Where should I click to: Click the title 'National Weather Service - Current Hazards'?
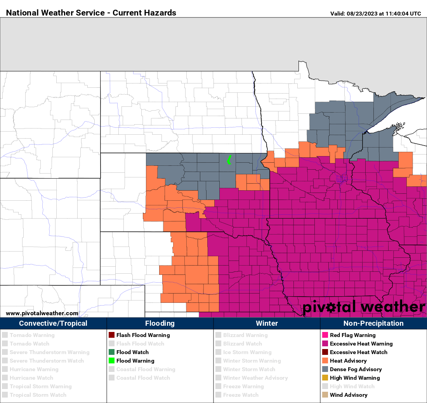[91, 13]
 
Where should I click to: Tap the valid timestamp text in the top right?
[375, 14]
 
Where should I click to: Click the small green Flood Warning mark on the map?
[229, 160]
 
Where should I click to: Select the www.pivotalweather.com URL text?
[42, 313]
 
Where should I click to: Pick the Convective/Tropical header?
[53, 323]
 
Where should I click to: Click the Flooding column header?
[160, 323]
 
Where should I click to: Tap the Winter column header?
[267, 323]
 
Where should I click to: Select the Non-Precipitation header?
[373, 323]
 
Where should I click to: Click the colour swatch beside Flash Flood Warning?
[112, 335]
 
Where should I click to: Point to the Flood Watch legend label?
[132, 352]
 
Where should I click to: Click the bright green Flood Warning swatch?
[112, 361]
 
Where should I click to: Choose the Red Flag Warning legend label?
[352, 335]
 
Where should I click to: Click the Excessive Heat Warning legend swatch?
[325, 344]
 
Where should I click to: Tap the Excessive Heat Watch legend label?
[358, 352]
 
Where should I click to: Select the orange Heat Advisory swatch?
[325, 361]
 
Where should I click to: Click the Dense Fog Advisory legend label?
[356, 369]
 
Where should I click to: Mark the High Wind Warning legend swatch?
[325, 378]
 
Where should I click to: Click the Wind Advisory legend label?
[348, 395]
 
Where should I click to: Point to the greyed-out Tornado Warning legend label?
[32, 335]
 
